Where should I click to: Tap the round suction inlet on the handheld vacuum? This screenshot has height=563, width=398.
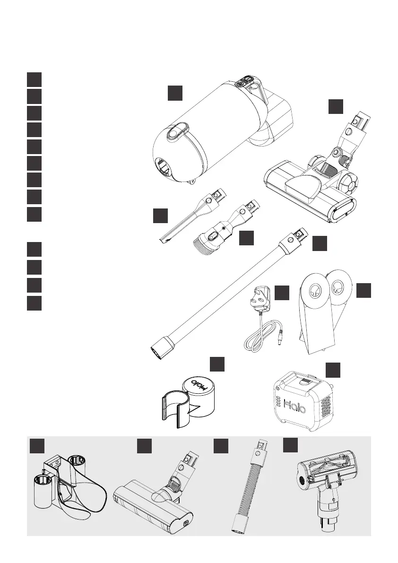tap(165, 167)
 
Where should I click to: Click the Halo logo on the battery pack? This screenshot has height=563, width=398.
tap(297, 404)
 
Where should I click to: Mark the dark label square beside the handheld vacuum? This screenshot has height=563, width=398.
tap(175, 93)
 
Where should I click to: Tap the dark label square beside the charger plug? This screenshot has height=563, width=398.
tap(282, 293)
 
